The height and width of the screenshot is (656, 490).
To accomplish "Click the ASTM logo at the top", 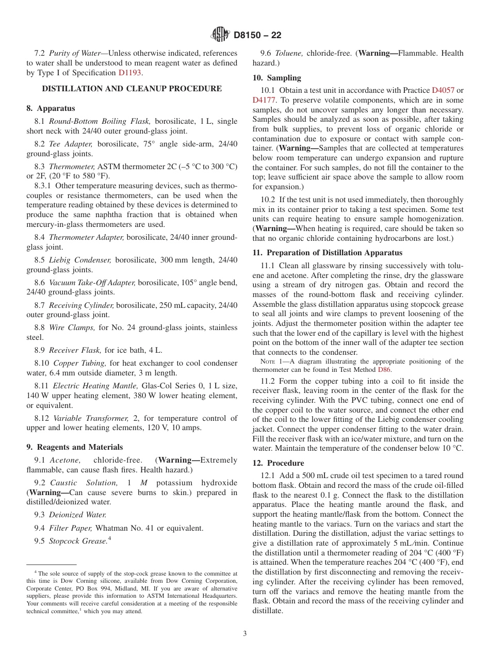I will pos(220,35).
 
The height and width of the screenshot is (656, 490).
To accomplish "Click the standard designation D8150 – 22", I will pos(257,36).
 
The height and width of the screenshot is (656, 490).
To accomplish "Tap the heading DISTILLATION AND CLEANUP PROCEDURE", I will pos(132,89).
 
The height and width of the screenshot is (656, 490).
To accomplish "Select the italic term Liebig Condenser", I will pos(80,260).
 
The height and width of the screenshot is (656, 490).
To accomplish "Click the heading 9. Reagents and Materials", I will pos(75,447).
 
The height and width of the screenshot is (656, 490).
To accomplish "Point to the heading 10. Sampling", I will pos(276,78).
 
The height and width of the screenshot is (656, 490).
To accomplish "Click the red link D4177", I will pos(263,100).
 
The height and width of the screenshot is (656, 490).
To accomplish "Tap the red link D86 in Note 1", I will pos(384,369).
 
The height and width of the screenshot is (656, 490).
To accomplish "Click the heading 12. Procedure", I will pos(279,463).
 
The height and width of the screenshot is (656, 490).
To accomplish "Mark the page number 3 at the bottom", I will pos(245,634).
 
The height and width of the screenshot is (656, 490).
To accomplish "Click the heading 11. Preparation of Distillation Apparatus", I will pos(327,253).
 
